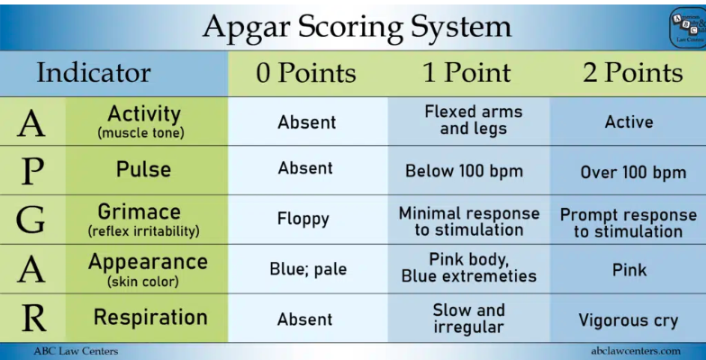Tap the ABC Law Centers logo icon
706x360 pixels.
pyautogui.click(x=686, y=26)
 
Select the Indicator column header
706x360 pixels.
pyautogui.click(x=93, y=72)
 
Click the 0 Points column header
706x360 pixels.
pyautogui.click(x=306, y=73)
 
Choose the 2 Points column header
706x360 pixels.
pyautogui.click(x=631, y=73)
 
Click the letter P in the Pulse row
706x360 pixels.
pyautogui.click(x=32, y=170)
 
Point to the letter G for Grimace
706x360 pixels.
pyautogui.click(x=32, y=220)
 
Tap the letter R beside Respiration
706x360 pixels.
pyautogui.click(x=32, y=319)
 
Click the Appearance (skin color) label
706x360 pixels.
pyautogui.click(x=147, y=269)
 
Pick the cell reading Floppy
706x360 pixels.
pyautogui.click(x=304, y=219)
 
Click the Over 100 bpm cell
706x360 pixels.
pyautogui.click(x=632, y=172)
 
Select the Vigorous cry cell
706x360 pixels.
pyautogui.click(x=628, y=319)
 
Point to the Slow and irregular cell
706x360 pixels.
pyautogui.click(x=468, y=318)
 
